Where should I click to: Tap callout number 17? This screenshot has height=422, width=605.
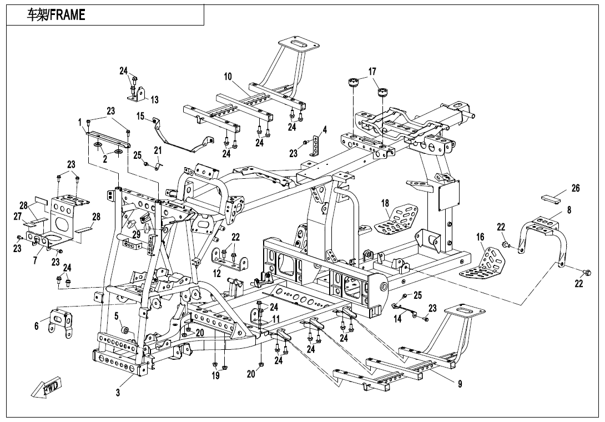coord(372,72)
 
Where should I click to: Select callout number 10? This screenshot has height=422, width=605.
coord(228,77)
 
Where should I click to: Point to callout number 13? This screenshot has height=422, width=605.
coord(155,100)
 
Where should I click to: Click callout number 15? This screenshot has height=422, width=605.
coord(140,116)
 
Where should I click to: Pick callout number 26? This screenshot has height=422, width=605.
coord(576,189)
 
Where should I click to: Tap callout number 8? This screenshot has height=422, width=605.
coord(569,210)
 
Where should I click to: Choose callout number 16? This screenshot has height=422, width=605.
coord(480,237)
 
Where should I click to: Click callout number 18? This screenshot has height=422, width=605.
coord(385,204)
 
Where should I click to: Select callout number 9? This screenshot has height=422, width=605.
coord(460,384)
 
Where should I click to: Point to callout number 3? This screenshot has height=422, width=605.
coord(118,393)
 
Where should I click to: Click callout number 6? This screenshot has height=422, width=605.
coord(37,326)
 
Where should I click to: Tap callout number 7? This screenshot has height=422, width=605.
coord(36,259)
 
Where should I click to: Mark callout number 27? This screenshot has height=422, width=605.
coord(18,215)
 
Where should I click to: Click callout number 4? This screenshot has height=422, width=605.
coord(325,130)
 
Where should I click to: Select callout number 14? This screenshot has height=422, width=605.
coord(397,319)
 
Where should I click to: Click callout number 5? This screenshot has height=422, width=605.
coord(117,316)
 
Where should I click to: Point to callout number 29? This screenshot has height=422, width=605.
coord(136,235)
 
